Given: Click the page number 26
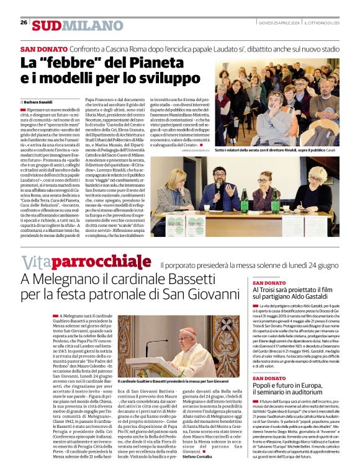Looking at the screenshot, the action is click(24, 22).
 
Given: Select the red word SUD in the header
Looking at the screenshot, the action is click(47, 25).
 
